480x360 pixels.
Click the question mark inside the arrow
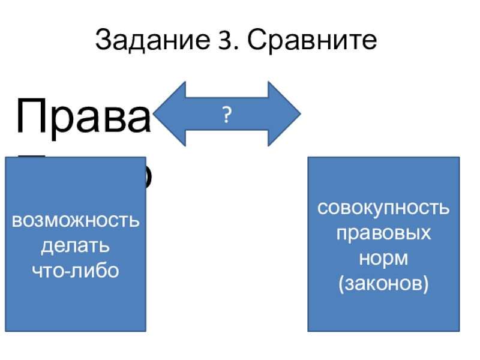point(227,114)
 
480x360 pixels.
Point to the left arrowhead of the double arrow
point(168,114)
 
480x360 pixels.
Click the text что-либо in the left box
point(76,270)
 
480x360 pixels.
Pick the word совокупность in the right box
point(383,209)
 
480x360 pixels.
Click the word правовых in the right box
point(383,234)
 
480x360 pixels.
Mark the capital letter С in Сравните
point(254,41)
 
